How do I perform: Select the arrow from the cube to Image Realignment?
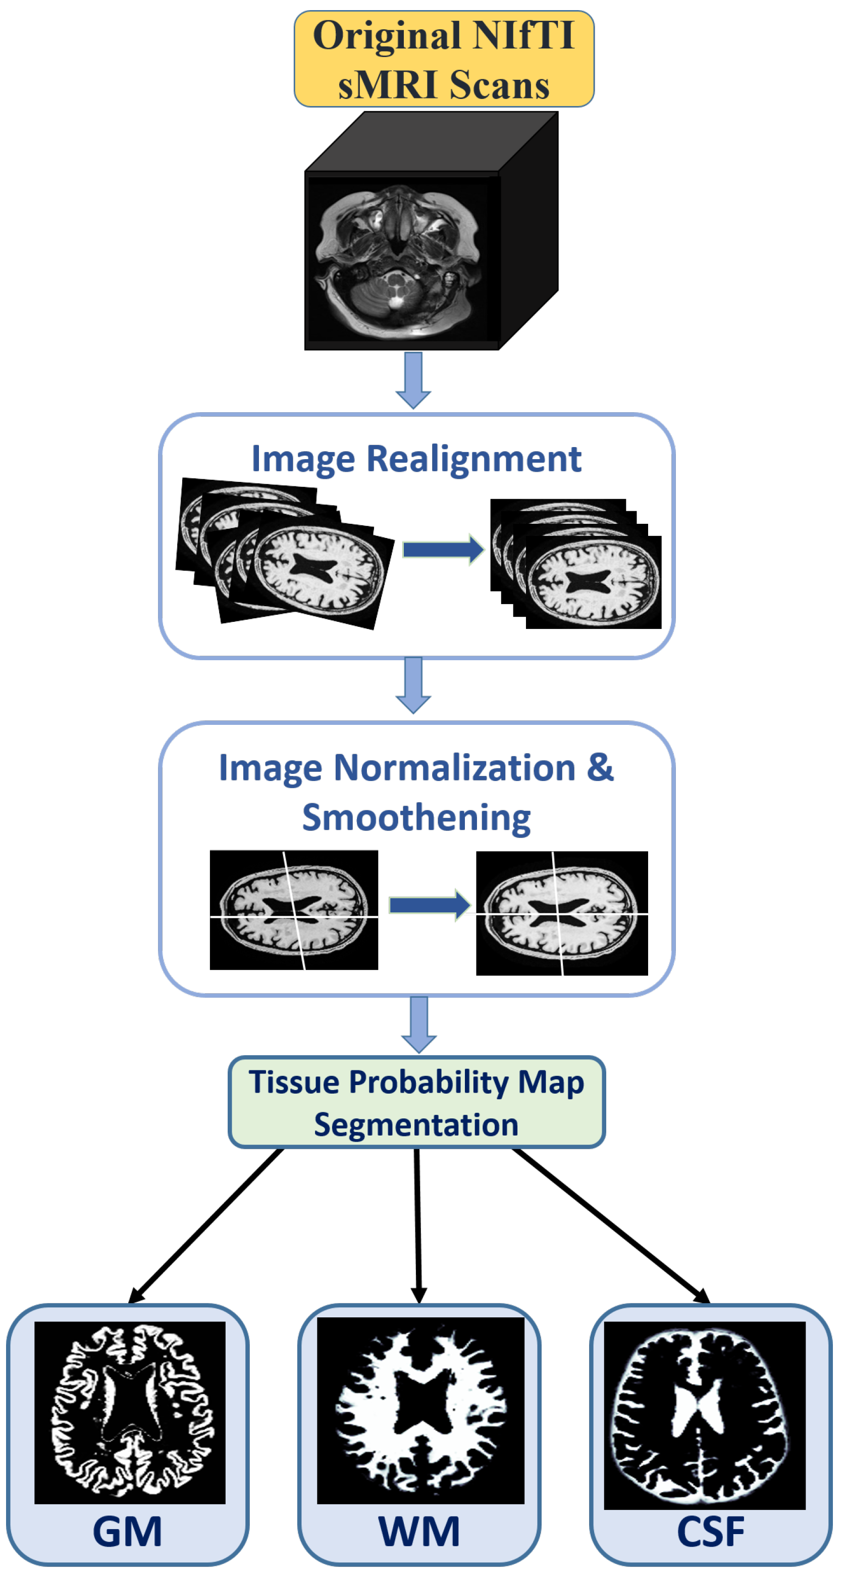(x=413, y=379)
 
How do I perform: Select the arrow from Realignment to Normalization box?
(x=413, y=684)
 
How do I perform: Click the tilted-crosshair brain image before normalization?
(x=294, y=909)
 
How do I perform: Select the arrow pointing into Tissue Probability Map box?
(x=419, y=1024)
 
